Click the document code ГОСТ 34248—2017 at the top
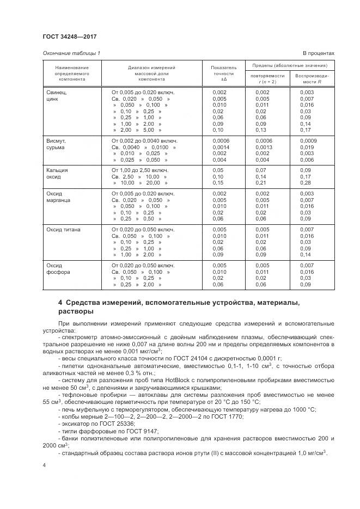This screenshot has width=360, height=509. click(69, 36)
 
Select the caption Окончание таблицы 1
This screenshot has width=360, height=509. click(71, 53)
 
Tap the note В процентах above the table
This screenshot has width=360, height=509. click(318, 53)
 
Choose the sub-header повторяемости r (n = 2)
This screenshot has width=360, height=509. click(267, 78)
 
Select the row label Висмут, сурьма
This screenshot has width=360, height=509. click(56, 144)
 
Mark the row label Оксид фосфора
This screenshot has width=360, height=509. click(57, 268)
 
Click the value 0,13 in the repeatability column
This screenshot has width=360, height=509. click(261, 130)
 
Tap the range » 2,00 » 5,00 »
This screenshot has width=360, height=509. click(137, 130)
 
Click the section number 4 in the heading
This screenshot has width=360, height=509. click(60, 303)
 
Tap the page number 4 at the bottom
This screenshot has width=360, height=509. click(44, 465)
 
